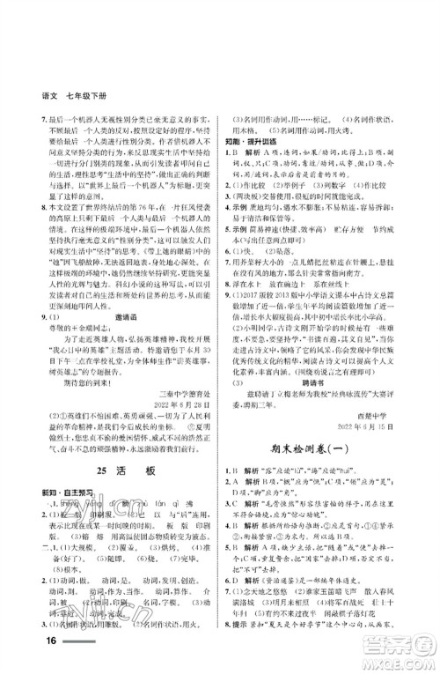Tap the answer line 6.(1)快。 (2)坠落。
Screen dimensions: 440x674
coord(282,275)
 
